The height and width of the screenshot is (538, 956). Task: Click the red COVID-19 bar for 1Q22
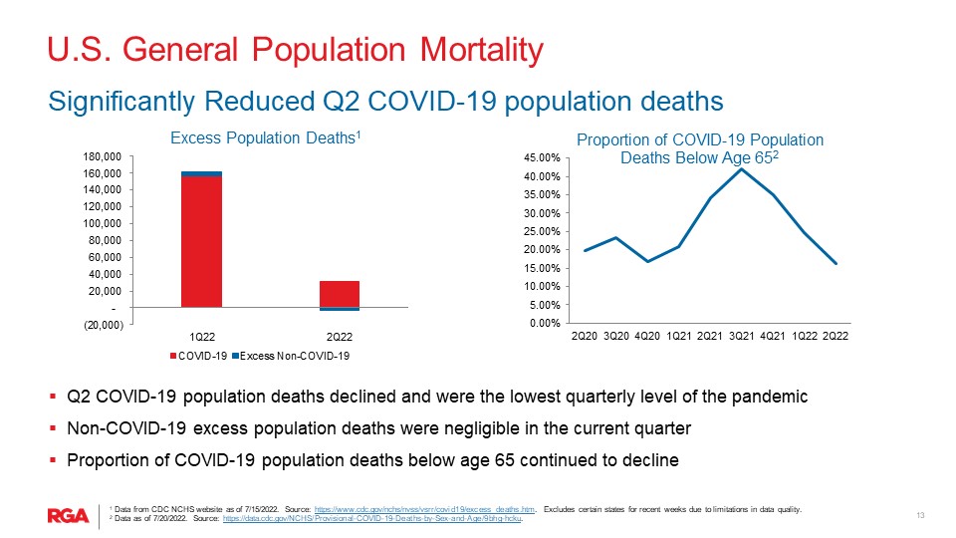pos(201,241)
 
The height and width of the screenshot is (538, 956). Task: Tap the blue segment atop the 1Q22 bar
pos(201,173)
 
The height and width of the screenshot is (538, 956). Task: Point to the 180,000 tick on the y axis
pos(103,156)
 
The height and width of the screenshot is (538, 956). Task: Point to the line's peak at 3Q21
pos(740,168)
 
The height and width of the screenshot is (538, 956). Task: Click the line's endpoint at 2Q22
pos(836,264)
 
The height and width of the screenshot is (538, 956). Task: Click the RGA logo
pos(68,515)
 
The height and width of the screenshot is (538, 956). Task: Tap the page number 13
pos(921,515)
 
